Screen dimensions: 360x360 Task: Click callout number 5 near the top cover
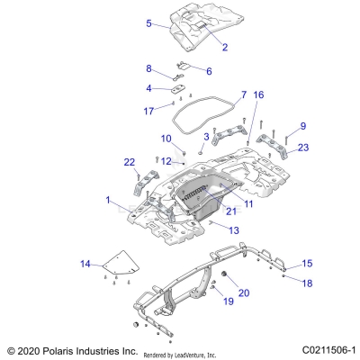tap(148, 24)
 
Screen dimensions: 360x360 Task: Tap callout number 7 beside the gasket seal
tap(243, 94)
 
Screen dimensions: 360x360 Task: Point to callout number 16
tap(258, 94)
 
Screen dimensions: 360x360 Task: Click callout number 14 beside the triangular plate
tap(85, 264)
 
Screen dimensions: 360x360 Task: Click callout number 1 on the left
tap(109, 199)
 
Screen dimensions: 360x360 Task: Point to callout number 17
tap(148, 111)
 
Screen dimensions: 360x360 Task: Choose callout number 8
tap(149, 68)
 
